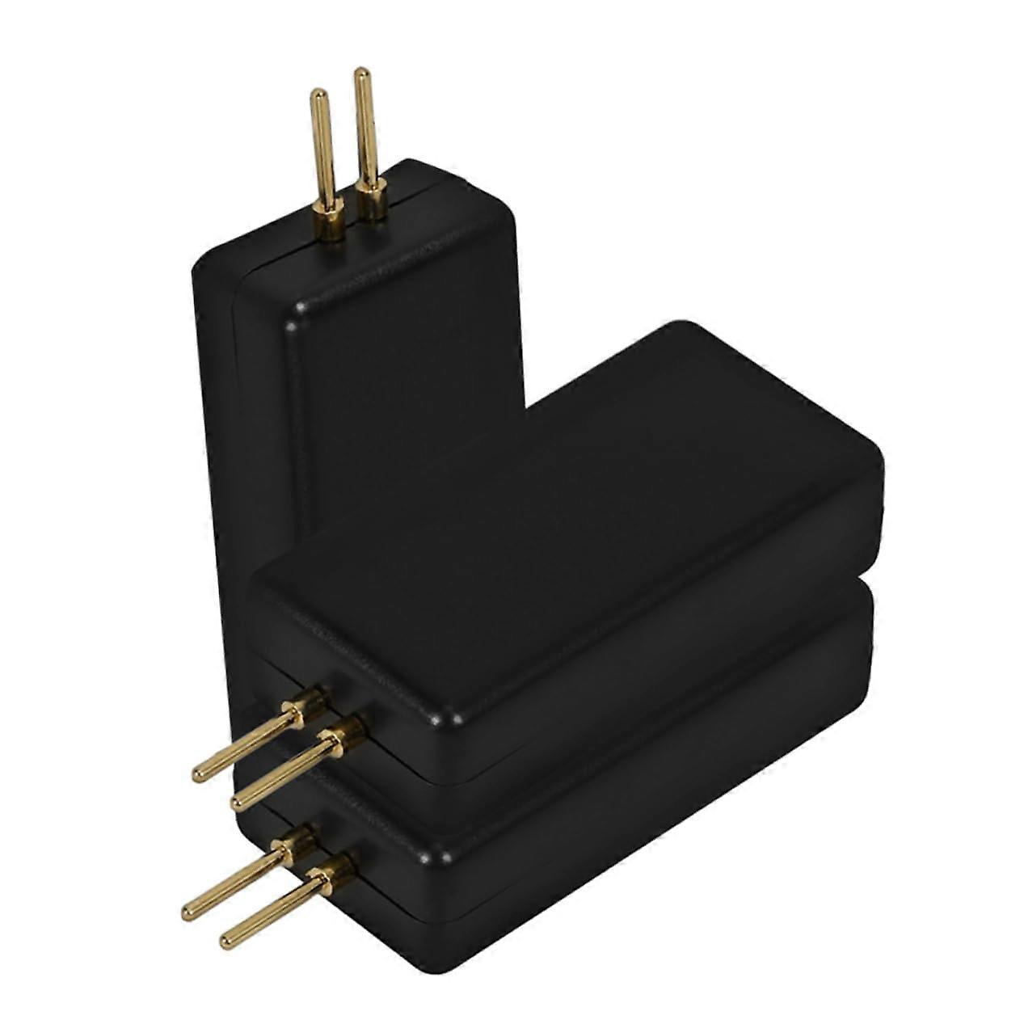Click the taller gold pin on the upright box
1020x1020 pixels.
[x=365, y=129]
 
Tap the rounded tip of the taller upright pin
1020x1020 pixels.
[x=363, y=74]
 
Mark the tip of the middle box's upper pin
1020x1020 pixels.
[x=199, y=773]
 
